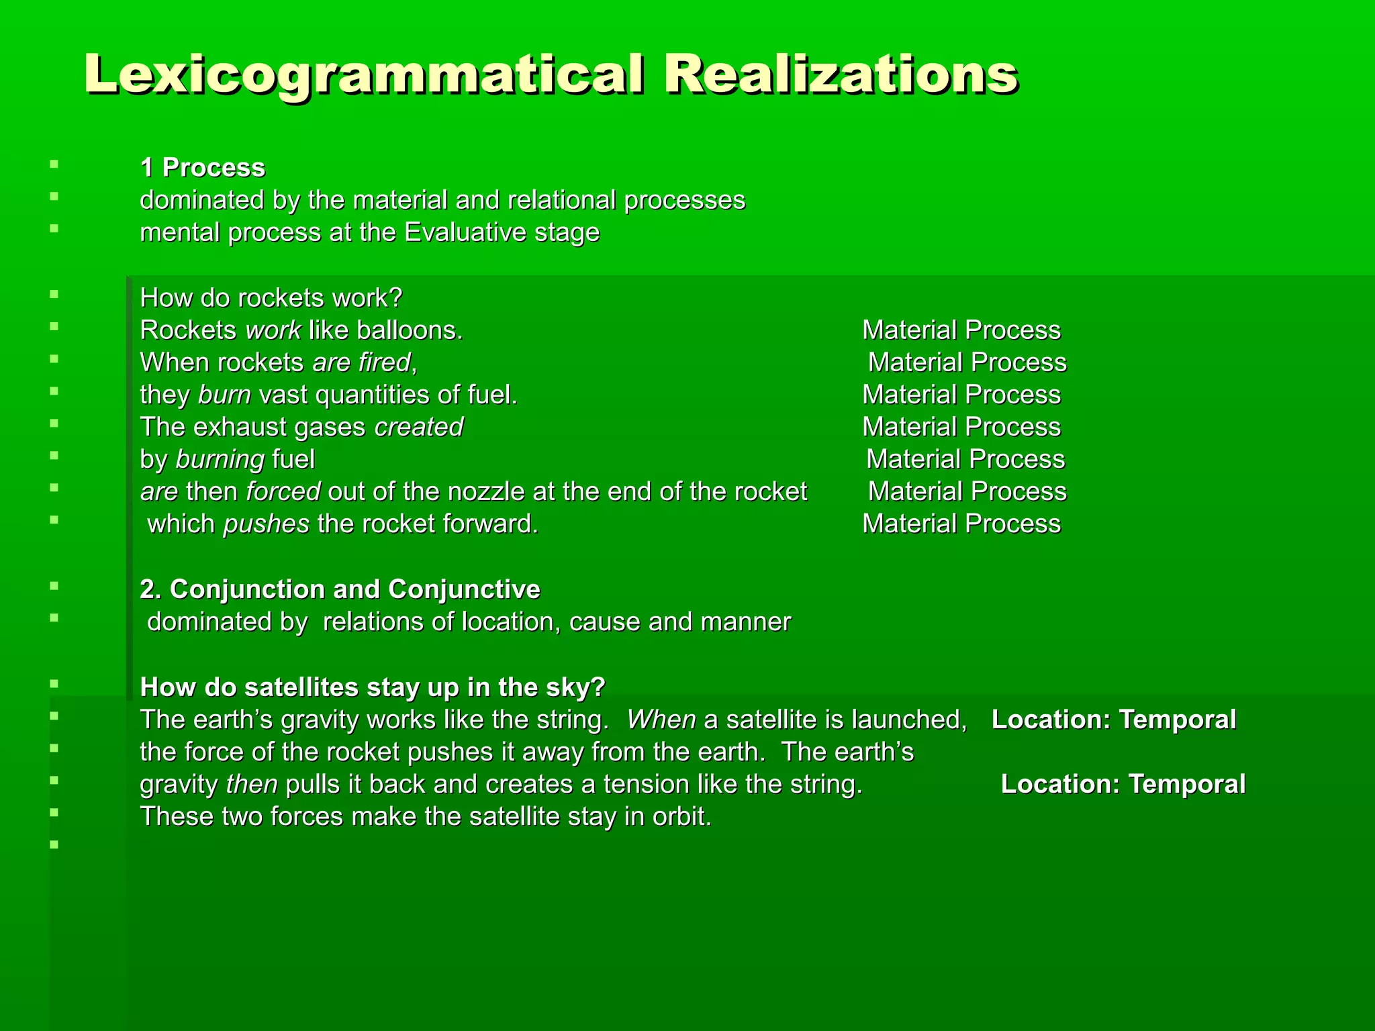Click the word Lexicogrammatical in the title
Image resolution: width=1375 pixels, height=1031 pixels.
click(x=363, y=75)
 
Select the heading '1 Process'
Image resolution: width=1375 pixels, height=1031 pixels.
click(x=202, y=168)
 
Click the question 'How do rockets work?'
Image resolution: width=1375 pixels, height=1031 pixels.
click(x=271, y=298)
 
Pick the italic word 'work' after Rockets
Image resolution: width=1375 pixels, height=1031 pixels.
click(x=273, y=330)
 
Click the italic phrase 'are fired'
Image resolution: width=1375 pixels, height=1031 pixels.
click(x=361, y=362)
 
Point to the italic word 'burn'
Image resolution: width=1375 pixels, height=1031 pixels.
click(x=224, y=395)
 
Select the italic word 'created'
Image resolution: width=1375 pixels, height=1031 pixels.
click(x=419, y=427)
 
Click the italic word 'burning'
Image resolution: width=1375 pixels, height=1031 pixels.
click(x=220, y=460)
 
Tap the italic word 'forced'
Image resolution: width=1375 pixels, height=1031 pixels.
click(x=283, y=492)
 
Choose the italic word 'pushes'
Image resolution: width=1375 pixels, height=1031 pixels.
click(x=266, y=524)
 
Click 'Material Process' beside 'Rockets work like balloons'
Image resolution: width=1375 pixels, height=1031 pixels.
click(x=961, y=330)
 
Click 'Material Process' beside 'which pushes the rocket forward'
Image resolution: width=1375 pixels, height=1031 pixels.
click(x=961, y=524)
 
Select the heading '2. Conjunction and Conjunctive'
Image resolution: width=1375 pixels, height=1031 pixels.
click(x=340, y=589)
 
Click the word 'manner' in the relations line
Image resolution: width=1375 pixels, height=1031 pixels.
click(x=745, y=622)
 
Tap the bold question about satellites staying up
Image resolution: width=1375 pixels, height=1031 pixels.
click(x=373, y=687)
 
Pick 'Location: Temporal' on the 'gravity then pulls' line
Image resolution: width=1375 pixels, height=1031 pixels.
click(x=1123, y=785)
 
